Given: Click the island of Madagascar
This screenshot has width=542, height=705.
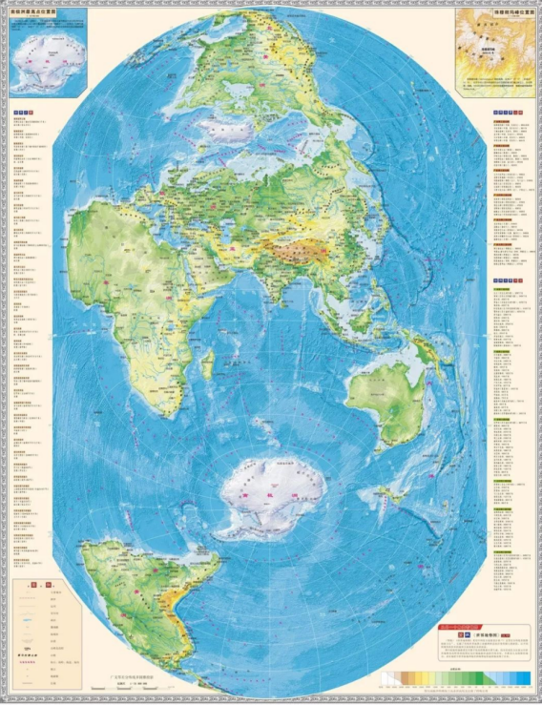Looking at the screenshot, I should (x=207, y=364).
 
